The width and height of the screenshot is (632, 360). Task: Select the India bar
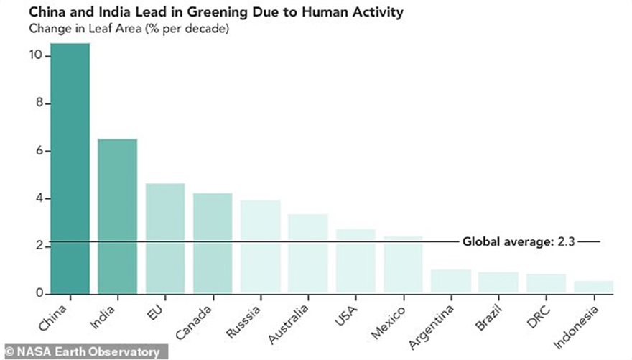pyautogui.click(x=117, y=216)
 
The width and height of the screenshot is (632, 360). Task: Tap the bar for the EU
pyautogui.click(x=165, y=238)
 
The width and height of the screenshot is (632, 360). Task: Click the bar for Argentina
pyautogui.click(x=451, y=281)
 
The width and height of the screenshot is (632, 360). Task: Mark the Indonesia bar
pyautogui.click(x=594, y=287)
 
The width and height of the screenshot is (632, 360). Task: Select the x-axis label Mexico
pyautogui.click(x=391, y=319)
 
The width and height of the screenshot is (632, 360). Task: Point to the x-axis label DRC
pyautogui.click(x=537, y=315)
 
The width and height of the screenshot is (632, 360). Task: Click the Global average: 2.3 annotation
pyautogui.click(x=519, y=241)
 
